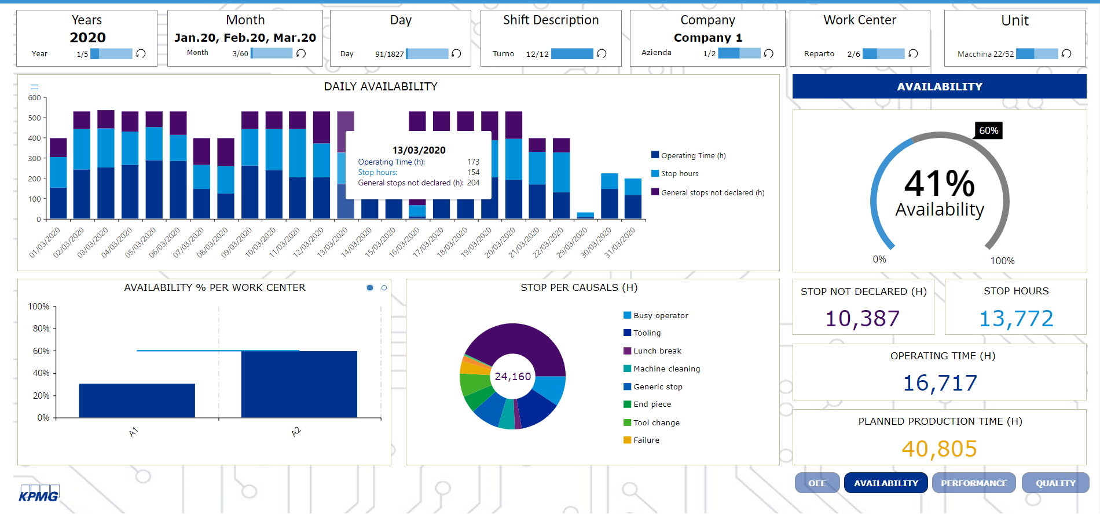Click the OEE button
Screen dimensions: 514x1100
coord(817,483)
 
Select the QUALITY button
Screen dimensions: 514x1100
coord(1055,483)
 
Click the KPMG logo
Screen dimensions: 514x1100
coord(39,494)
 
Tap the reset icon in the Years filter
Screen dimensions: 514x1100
coord(141,53)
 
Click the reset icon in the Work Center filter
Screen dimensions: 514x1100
coord(913,53)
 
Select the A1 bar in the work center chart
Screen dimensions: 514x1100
coord(137,400)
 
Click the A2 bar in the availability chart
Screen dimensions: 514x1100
coord(299,384)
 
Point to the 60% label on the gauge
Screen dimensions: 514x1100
coord(988,130)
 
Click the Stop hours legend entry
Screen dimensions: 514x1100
coord(679,173)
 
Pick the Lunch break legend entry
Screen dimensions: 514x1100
coord(657,351)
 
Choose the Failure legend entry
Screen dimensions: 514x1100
coord(646,440)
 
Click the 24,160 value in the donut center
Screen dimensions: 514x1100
coord(512,376)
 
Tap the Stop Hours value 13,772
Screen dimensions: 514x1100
coord(1015,318)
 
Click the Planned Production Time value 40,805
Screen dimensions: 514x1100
coord(939,449)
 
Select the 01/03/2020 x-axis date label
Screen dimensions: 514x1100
coord(45,242)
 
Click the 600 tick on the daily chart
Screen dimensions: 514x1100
coord(35,98)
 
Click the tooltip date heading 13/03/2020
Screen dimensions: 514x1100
coord(419,150)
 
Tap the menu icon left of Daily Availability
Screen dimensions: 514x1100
coord(34,86)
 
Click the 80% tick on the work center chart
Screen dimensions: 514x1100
coord(41,328)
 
